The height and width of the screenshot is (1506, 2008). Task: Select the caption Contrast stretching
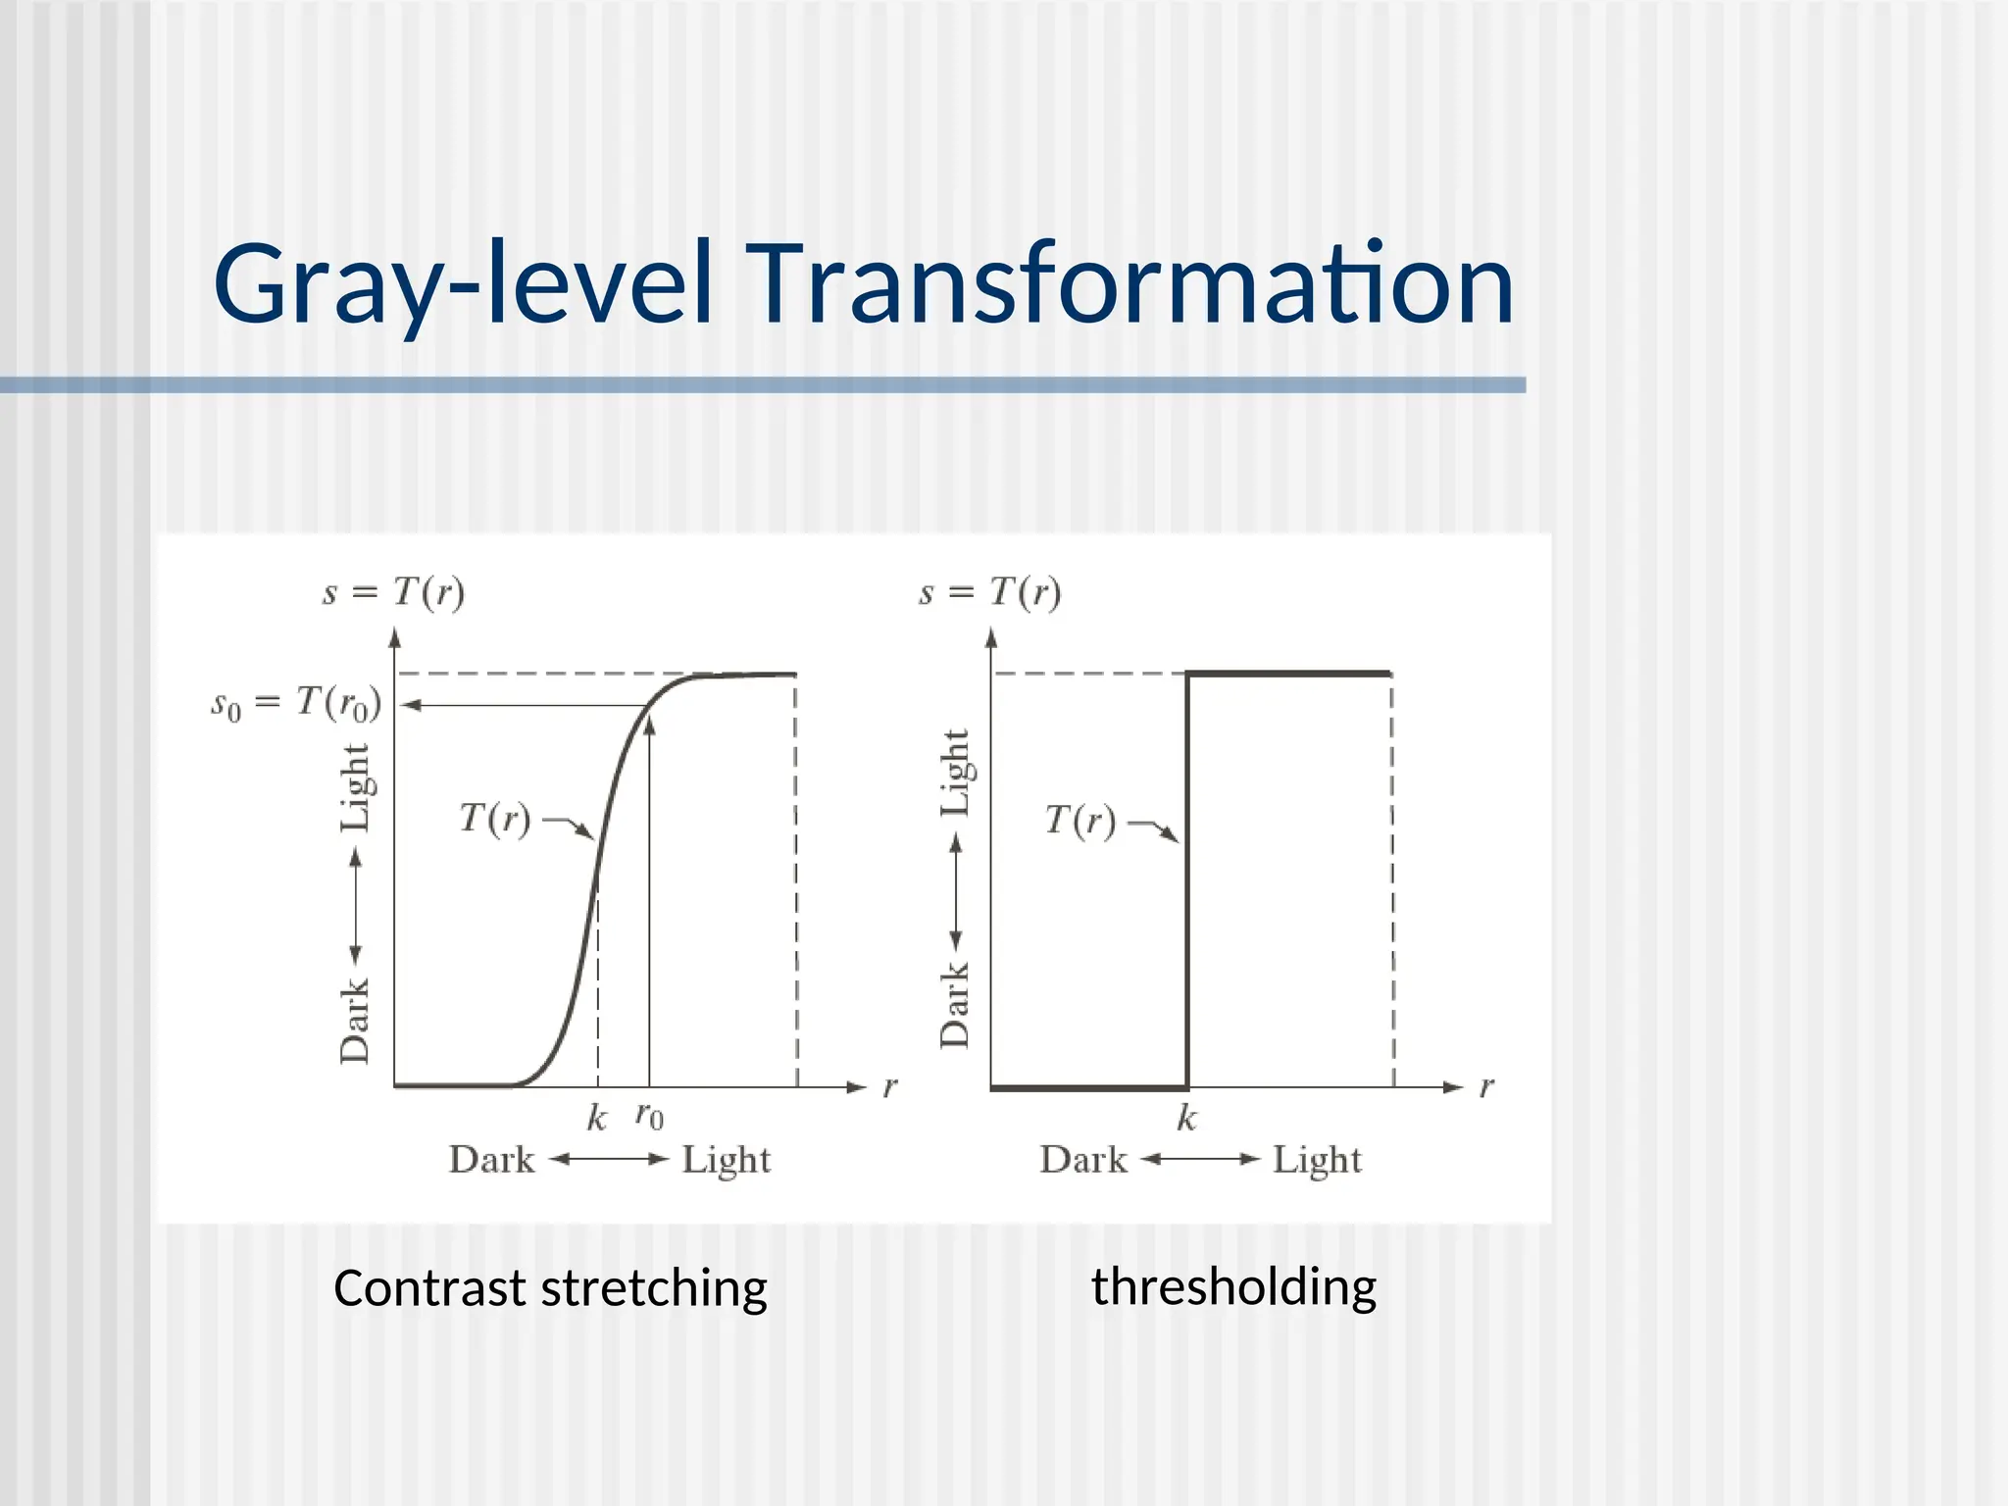550,1287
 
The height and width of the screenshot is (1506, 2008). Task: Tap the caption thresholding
1233,1286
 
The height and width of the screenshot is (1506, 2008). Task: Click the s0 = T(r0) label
296,703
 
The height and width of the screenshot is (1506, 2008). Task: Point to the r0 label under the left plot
649,1116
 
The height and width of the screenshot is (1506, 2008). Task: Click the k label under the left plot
596,1118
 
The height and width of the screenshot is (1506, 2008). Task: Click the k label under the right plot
1186,1118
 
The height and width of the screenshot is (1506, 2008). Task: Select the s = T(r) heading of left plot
393,592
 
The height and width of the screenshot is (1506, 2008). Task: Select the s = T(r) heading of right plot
989,592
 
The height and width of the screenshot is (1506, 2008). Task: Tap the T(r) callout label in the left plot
495,819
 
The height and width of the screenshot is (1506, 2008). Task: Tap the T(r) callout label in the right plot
1079,820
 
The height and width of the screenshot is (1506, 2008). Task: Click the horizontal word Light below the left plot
727,1160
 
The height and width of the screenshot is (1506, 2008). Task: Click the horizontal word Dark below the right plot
1082,1160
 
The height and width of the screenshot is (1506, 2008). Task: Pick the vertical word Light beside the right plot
955,773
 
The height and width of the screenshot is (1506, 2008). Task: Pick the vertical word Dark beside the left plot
355,1020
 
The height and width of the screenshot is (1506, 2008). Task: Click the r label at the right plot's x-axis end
1486,1086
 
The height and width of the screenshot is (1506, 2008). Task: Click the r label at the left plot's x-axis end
890,1086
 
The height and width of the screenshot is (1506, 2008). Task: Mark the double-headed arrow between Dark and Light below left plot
608,1159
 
